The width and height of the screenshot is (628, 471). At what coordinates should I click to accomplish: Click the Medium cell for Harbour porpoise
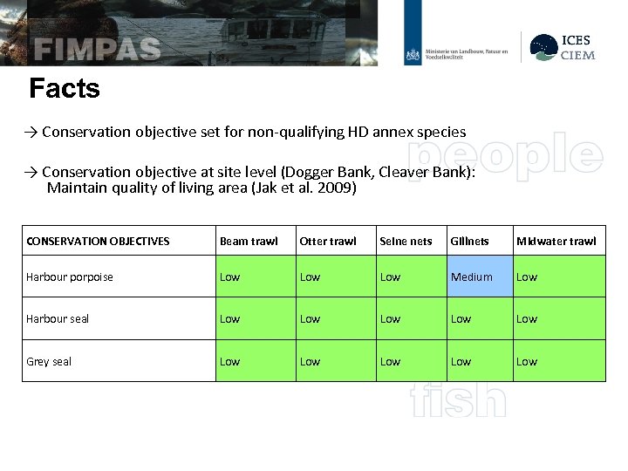(471, 276)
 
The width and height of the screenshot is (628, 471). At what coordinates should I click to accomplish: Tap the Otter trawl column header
(327, 241)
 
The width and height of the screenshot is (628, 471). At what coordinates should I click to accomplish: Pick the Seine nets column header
(406, 241)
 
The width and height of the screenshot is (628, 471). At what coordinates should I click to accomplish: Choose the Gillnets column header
(469, 241)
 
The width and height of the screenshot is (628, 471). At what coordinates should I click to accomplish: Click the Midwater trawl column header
(556, 241)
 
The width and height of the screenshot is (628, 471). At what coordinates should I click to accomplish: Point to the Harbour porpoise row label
(70, 276)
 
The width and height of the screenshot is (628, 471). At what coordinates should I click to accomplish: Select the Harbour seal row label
(58, 318)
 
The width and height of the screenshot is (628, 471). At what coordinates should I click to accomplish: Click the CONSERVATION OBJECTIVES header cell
(98, 241)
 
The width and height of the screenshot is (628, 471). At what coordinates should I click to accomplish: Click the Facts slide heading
(65, 88)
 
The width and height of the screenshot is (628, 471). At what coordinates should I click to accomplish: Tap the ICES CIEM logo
(565, 47)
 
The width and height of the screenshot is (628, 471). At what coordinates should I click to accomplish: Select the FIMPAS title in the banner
(97, 48)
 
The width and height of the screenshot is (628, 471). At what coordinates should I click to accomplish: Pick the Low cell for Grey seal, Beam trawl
(230, 361)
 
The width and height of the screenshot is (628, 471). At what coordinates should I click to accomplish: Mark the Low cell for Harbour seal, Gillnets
(461, 318)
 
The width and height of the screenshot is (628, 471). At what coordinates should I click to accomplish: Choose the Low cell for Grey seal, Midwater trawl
(527, 361)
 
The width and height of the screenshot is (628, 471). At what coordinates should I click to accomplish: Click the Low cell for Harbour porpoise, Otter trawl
(310, 276)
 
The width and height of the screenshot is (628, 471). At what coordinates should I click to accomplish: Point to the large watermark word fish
(458, 400)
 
